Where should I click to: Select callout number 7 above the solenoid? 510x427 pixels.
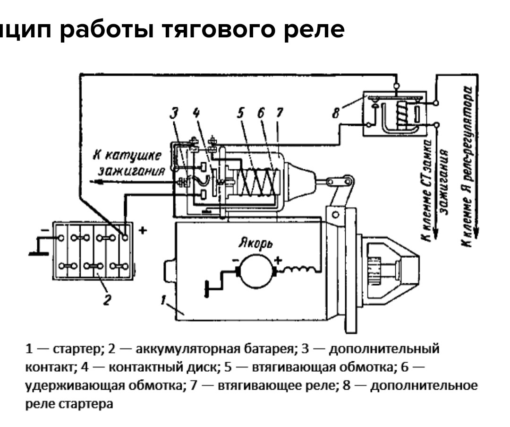[279, 113]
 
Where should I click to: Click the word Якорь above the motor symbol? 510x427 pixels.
[255, 243]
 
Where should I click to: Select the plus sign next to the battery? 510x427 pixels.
[144, 230]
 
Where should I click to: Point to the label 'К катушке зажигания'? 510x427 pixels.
[130, 163]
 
